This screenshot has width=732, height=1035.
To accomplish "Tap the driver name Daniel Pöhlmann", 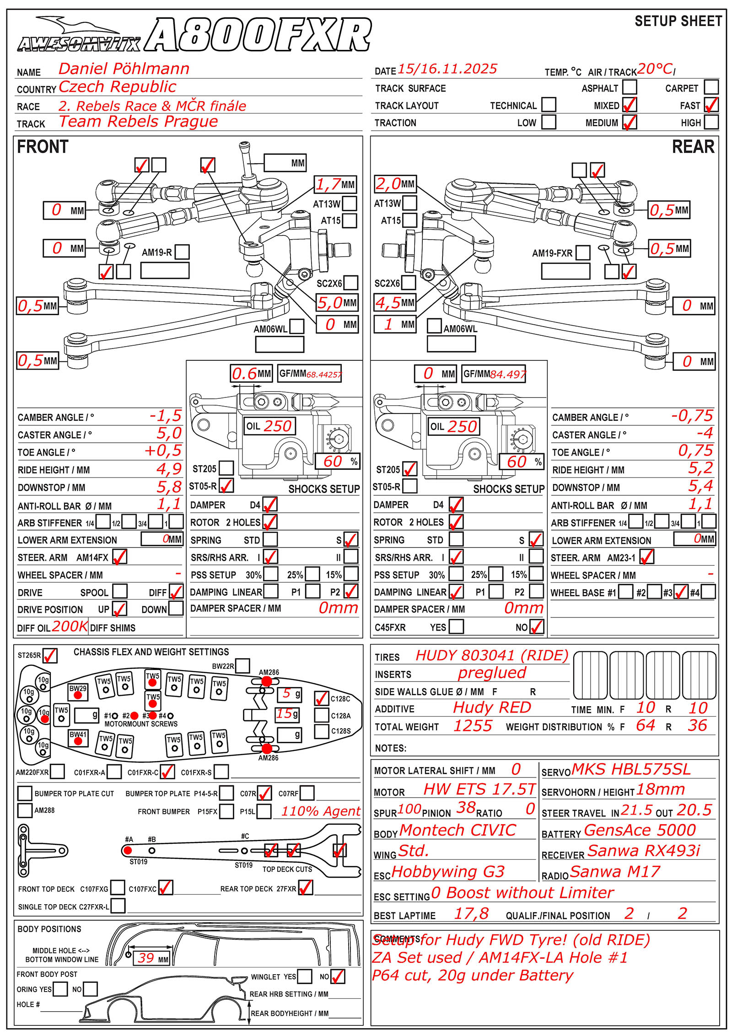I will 124,69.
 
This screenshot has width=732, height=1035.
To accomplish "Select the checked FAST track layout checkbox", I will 711,105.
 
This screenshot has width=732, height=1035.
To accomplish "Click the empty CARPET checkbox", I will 711,87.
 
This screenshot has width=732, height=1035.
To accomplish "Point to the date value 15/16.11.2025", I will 447,69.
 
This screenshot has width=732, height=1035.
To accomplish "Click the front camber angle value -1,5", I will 166,416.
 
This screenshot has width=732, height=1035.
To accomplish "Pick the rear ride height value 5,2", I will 700,468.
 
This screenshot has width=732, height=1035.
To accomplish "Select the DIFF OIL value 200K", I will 70,626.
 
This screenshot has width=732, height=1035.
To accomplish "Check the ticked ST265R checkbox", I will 50,655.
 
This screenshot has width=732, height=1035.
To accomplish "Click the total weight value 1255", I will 473,726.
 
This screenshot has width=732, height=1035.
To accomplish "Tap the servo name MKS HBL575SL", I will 630,769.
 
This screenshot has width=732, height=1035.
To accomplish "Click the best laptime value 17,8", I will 471,913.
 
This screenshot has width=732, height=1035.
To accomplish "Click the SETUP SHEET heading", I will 678,21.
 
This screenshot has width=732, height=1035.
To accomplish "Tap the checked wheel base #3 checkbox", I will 681,592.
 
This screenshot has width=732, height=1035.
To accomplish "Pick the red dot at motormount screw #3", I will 153,715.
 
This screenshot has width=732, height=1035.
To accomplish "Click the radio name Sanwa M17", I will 615,872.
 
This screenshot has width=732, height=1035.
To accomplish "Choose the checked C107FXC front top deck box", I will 165,888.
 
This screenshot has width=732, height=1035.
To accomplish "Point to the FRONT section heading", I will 43,147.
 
